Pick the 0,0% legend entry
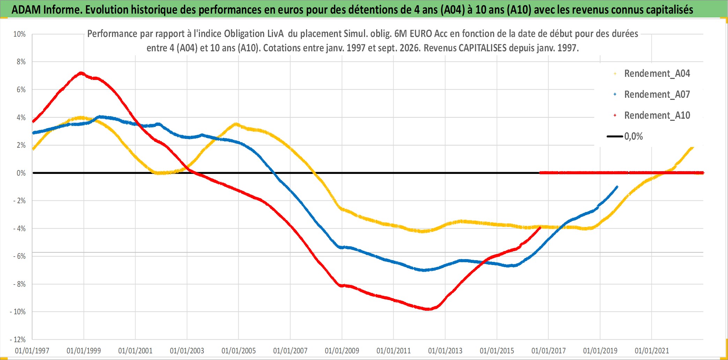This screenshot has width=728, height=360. click(625, 136)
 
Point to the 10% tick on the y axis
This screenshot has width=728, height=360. click(20, 34)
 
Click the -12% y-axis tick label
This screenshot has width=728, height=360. click(18, 339)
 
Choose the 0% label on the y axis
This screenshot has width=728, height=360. click(21, 173)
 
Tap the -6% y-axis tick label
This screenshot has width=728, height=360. click(20, 256)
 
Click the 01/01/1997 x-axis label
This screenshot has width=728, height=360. click(32, 351)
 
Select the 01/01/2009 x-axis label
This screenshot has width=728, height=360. click(342, 351)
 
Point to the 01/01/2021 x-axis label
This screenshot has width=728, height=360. click(652, 351)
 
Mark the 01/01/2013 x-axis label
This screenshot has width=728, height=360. click(445, 351)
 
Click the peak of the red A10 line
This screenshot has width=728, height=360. click(81, 73)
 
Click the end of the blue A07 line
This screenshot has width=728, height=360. click(617, 186)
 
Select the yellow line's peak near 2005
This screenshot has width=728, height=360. click(236, 124)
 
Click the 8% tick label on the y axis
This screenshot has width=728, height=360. click(21, 62)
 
